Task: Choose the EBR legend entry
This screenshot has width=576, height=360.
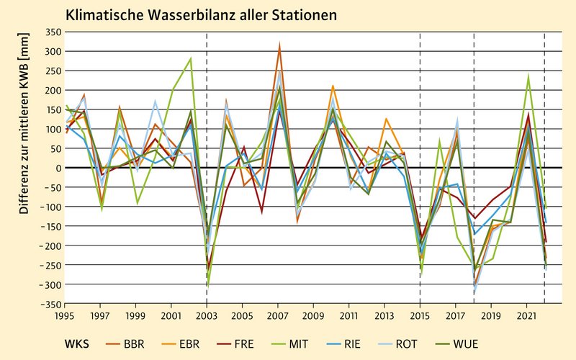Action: pos(189,343)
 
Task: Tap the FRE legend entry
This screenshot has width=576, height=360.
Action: pos(253,343)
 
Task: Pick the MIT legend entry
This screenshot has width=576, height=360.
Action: pos(317,343)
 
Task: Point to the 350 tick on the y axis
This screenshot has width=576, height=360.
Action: pos(52,32)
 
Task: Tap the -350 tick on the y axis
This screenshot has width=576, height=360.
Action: pos(50,305)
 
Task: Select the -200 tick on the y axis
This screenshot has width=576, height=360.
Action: pos(50,246)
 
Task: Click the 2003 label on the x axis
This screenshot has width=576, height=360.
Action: pos(207,315)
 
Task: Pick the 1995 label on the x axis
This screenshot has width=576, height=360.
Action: pos(65,315)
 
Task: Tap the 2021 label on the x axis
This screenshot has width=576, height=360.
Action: pos(526,315)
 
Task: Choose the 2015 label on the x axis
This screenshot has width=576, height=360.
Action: pos(420,315)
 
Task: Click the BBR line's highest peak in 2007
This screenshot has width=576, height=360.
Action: pos(279,45)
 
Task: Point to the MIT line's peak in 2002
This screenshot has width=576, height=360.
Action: pos(190,58)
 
